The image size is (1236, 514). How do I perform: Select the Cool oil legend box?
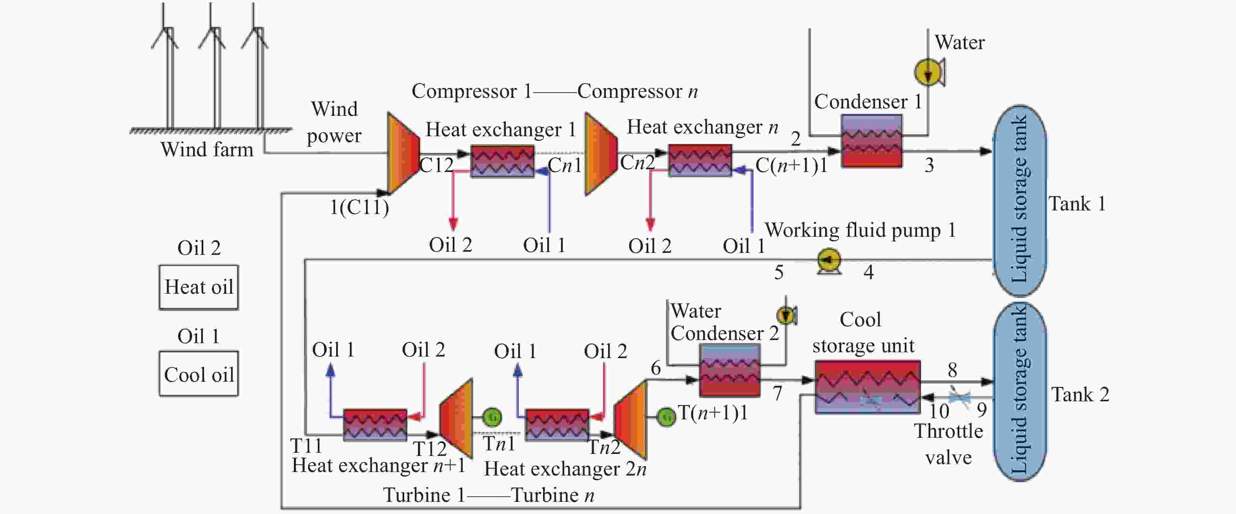click(x=199, y=374)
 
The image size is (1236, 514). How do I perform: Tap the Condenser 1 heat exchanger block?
click(x=872, y=140)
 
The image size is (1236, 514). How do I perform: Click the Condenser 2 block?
click(x=730, y=370)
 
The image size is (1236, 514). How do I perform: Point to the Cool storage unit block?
click(x=868, y=387)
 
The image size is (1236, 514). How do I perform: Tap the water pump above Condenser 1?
click(x=929, y=72)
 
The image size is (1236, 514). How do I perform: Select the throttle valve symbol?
click(x=960, y=397)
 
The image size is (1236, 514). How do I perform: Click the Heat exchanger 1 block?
click(x=502, y=161)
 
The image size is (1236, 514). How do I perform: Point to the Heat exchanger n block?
click(x=700, y=161)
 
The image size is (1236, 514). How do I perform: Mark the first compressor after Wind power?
click(x=403, y=153)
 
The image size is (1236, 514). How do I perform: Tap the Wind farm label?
click(x=207, y=149)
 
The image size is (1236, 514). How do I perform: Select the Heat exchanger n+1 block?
click(x=375, y=424)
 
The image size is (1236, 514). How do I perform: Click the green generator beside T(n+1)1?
click(x=666, y=417)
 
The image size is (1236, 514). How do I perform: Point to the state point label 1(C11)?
click(x=359, y=207)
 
